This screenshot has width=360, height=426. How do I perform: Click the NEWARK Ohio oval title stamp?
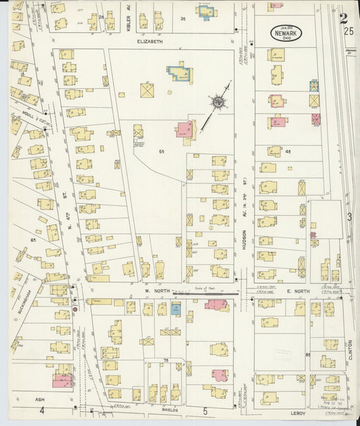tap(286, 33)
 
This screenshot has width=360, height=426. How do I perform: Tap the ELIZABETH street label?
tap(151, 42)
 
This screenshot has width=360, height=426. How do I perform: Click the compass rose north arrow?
tap(218, 102)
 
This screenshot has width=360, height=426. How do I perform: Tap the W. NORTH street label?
tap(155, 292)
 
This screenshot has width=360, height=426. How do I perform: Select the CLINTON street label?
tap(351, 350)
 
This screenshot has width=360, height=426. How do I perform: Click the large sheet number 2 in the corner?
tap(344, 18)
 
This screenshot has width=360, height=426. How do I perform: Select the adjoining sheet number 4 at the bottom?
tap(41, 410)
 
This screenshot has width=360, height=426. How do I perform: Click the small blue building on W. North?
tap(176, 309)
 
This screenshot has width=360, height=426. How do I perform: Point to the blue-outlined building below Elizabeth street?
tap(178, 72)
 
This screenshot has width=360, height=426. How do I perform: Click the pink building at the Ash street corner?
tap(62, 380)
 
